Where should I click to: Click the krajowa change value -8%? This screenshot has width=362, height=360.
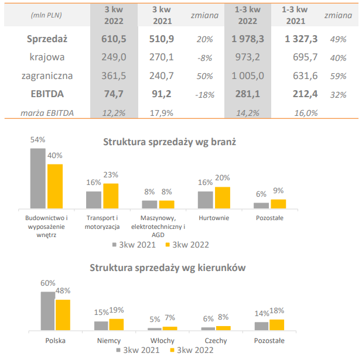coord(204,57)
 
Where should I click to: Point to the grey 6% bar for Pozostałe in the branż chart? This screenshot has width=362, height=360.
coord(261,205)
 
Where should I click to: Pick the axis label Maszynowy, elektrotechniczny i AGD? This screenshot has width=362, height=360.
coord(158,227)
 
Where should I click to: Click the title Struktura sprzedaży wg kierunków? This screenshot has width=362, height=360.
coord(168,268)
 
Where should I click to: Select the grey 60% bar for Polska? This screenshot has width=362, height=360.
coord(48,311)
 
